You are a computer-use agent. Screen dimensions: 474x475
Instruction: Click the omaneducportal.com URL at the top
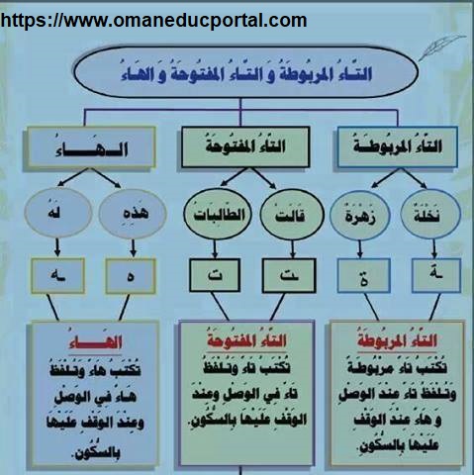pos(153,21)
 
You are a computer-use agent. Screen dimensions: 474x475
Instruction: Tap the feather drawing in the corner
pos(442,47)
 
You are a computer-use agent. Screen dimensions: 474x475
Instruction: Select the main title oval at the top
pos(245,72)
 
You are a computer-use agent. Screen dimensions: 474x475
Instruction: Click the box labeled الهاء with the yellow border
pos(90,147)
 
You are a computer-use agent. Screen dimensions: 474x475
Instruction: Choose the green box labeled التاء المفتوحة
pos(245,146)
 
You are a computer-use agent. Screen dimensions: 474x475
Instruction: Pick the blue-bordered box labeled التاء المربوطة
pos(398,146)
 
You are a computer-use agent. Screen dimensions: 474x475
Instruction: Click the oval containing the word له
pos(57,213)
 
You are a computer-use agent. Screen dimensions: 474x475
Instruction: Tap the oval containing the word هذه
pos(133,214)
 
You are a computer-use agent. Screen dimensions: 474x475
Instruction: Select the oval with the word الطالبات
pos(218,214)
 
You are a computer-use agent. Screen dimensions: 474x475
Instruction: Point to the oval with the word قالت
pos(292,215)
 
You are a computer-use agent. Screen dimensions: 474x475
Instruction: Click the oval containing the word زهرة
pos(360,216)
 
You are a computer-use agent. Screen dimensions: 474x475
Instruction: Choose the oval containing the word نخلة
pos(430,215)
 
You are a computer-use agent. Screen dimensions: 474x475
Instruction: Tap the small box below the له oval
pos(58,276)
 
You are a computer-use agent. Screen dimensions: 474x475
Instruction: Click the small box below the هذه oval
pos(131,276)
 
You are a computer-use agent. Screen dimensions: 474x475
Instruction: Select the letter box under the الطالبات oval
pos(215,275)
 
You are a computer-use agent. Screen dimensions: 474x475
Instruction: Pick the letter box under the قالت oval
pos(289,276)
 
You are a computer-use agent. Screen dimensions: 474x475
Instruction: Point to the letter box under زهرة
pos(364,276)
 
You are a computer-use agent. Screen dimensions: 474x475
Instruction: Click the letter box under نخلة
pos(436,275)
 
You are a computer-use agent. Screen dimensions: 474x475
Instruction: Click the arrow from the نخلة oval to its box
pos(434,249)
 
